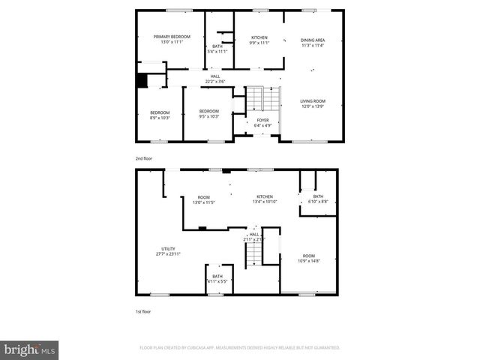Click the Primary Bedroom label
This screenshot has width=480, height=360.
click(172, 37)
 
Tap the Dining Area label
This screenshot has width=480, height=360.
click(313, 40)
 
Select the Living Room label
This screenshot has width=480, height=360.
click(313, 101)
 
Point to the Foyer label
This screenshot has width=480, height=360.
click(262, 119)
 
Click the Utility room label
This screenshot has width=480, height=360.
click(169, 249)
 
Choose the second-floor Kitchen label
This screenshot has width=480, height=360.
click(259, 37)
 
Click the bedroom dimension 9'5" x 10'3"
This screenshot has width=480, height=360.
click(208, 117)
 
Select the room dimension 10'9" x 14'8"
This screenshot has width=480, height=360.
click(309, 259)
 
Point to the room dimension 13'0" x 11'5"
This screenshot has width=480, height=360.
click(203, 202)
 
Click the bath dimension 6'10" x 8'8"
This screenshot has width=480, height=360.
click(318, 202)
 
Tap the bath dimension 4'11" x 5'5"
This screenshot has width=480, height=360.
click(217, 281)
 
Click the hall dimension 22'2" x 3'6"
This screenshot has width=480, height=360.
click(215, 82)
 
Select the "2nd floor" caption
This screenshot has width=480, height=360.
click(143, 159)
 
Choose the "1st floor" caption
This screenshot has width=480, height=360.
click(142, 311)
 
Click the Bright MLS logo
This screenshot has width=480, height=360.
click(30, 349)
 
